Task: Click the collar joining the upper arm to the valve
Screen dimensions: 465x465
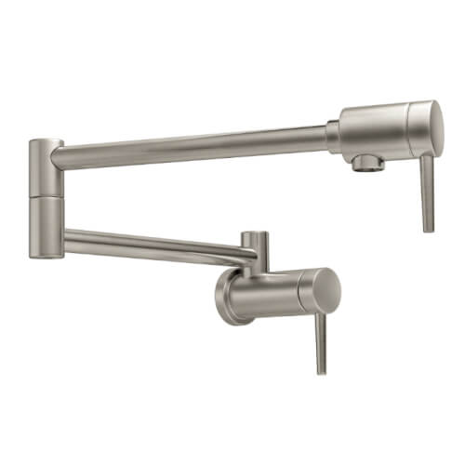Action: pos(332,136)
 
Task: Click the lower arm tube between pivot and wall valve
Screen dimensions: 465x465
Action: pos(149,242)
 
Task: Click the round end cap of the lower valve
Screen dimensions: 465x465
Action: pos(325,288)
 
